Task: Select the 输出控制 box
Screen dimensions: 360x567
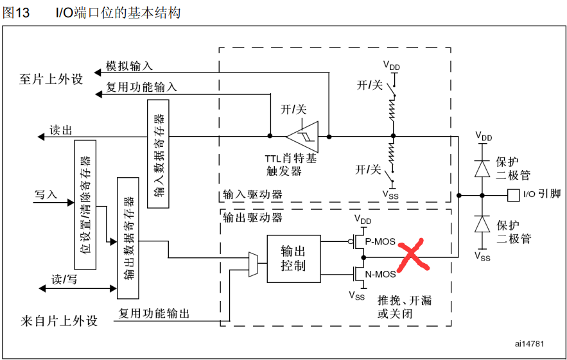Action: tap(293, 258)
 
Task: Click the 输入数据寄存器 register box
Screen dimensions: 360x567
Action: tap(159, 154)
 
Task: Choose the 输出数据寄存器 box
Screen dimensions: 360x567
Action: tap(128, 237)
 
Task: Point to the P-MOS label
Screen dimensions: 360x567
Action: tap(380, 241)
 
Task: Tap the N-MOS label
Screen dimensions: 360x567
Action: tap(380, 275)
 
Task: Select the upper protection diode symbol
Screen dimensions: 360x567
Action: tap(482, 167)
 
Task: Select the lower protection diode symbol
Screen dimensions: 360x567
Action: tap(482, 225)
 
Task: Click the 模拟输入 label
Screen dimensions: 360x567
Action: tap(129, 66)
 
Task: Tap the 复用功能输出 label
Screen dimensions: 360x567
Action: tap(154, 314)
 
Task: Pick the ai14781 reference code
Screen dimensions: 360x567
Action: tap(529, 343)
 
